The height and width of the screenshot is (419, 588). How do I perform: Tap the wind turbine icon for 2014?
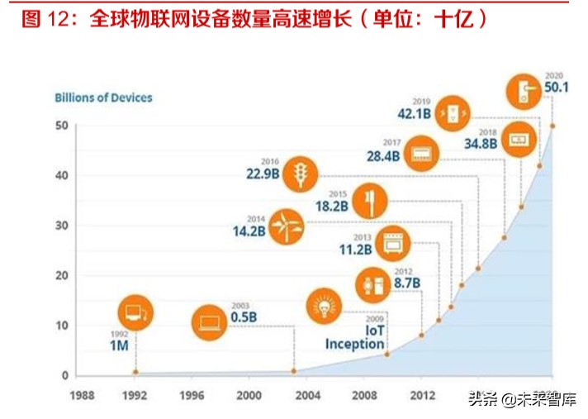287,226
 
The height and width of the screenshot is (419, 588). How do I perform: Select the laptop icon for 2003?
210,322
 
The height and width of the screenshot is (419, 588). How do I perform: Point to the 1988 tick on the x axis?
81,394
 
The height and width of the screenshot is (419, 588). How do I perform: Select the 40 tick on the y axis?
61,175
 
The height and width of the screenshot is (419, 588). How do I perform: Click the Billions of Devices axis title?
103,98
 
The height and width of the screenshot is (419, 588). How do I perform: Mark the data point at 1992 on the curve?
135,372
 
